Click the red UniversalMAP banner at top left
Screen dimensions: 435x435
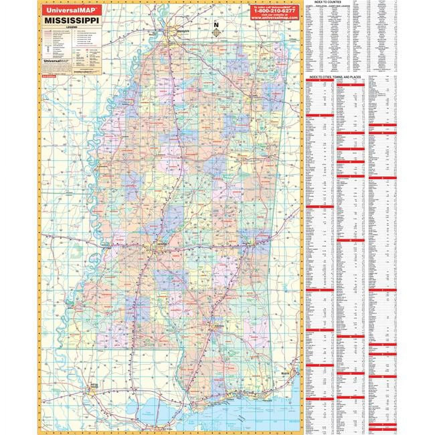pos(66,10)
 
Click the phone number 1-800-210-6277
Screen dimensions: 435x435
pos(274,11)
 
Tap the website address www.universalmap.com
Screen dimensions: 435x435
pos(274,18)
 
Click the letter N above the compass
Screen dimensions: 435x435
pos(216,24)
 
